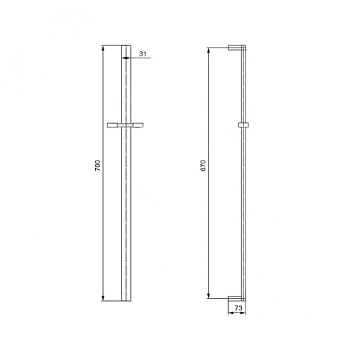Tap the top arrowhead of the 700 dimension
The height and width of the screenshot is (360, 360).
coord(104,49)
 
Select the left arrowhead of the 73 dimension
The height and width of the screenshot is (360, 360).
coord(230,312)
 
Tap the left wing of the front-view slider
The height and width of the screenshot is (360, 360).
coord(114,126)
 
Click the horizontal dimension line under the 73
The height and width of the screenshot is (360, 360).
coord(238,312)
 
